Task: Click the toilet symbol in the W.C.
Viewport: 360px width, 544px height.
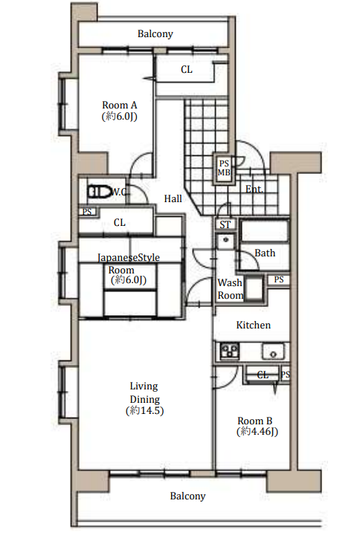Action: [x=99, y=192]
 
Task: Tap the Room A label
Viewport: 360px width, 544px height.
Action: [x=120, y=105]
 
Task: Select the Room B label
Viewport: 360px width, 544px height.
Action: [x=254, y=421]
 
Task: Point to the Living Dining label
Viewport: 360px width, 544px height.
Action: [x=144, y=392]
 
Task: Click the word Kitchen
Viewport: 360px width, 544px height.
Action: [x=253, y=325]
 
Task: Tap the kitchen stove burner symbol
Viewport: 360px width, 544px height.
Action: [x=230, y=351]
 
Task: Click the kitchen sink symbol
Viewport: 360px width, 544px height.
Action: [x=273, y=351]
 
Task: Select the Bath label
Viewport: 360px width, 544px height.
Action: [x=265, y=253]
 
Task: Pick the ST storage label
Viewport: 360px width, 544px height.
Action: [x=225, y=225]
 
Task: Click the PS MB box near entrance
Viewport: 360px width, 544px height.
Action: [x=224, y=168]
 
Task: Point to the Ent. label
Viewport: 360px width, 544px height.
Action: [x=254, y=189]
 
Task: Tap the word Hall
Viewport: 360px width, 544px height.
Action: [x=173, y=198]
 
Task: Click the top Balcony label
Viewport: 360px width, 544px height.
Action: [x=155, y=33]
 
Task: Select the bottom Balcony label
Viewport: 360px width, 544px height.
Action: [x=187, y=496]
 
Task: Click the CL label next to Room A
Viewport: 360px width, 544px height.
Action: [x=187, y=69]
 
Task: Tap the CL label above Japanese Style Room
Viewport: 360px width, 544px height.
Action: [x=120, y=222]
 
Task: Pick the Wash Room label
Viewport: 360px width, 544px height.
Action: [x=230, y=289]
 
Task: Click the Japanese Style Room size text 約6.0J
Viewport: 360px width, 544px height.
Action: [x=129, y=280]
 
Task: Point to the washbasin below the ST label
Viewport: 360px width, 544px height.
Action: [x=225, y=240]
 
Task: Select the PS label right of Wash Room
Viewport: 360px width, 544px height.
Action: [x=279, y=279]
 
